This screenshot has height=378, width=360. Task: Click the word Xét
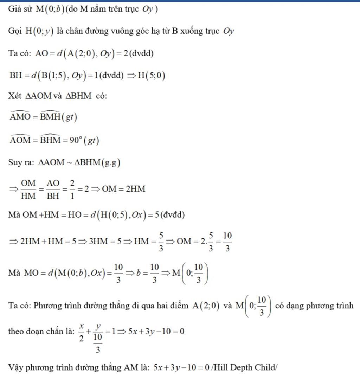[15, 96]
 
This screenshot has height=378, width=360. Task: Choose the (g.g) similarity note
[111, 163]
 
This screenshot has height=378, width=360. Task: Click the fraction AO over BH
[53, 190]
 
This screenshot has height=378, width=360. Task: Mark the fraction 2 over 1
[72, 190]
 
